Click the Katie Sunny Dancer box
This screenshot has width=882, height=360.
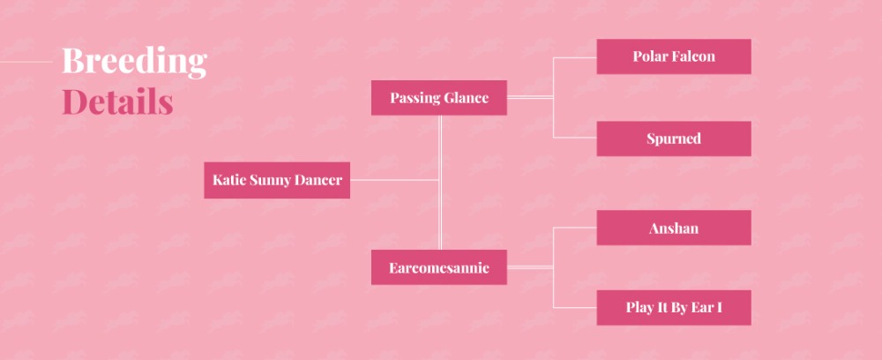(277, 180)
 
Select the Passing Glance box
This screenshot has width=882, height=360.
(438, 98)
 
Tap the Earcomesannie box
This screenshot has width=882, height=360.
(438, 267)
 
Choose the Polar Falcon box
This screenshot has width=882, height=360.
(674, 56)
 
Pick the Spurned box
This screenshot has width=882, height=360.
(674, 139)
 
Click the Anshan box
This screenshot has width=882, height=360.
(674, 228)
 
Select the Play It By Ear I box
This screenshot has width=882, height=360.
(674, 308)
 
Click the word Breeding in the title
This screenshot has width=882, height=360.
(134, 61)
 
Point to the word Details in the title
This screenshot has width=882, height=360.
(117, 101)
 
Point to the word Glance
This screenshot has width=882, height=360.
(466, 98)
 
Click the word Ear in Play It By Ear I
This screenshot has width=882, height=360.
(705, 308)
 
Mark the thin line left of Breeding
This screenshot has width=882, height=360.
(26, 62)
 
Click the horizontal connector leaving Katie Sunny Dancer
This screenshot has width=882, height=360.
(394, 180)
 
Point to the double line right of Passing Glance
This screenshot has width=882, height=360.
(530, 97)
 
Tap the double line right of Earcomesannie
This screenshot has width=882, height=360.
(530, 267)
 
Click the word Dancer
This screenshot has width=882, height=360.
(319, 180)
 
